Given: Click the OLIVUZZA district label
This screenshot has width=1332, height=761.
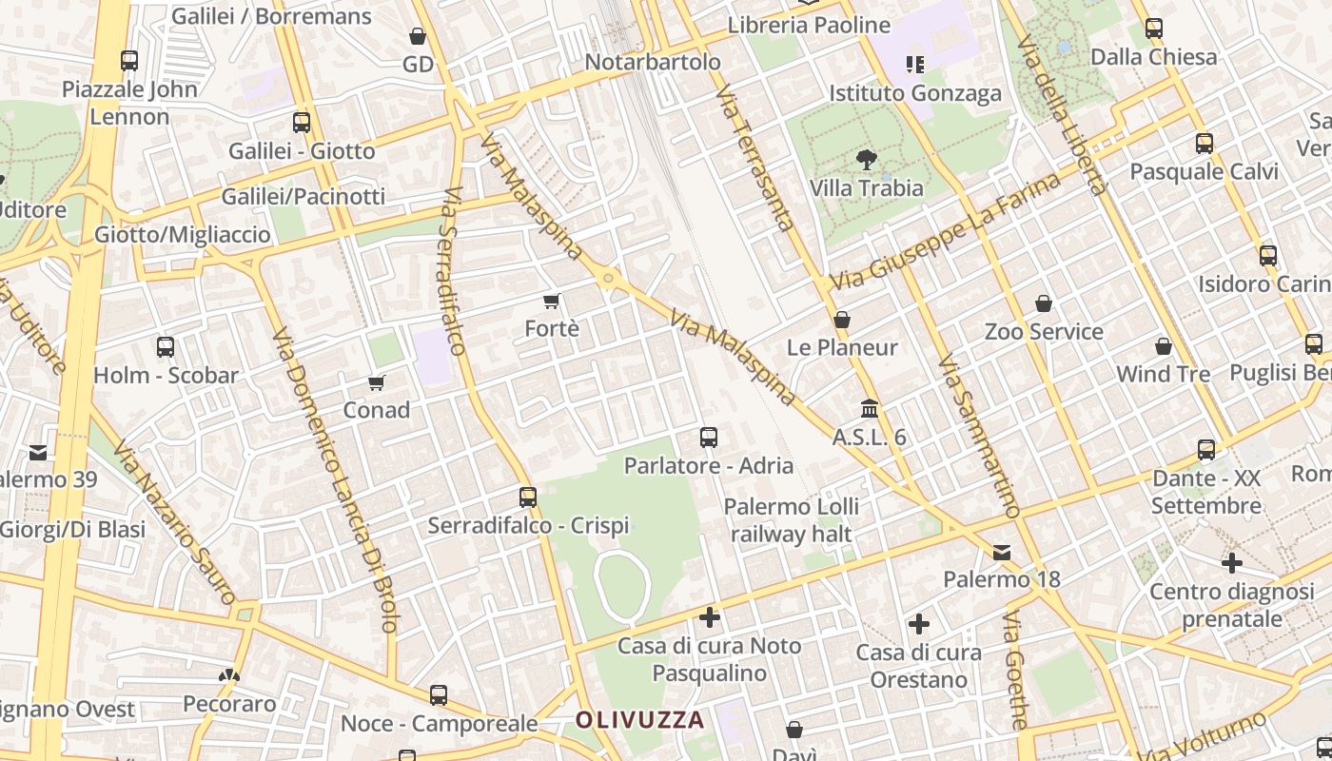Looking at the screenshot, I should pyautogui.click(x=639, y=720).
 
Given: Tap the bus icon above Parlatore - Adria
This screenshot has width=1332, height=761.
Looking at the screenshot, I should pyautogui.click(x=709, y=438).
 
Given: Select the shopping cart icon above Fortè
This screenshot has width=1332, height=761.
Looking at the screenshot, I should pyautogui.click(x=551, y=302).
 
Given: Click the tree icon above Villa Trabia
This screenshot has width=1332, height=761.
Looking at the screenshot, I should pyautogui.click(x=866, y=159).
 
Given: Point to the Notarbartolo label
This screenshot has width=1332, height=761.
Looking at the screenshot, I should pyautogui.click(x=653, y=62).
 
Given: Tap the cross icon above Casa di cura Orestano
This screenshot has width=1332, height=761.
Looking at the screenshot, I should pyautogui.click(x=918, y=624).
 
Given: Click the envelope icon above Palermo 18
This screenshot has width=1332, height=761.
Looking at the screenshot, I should pyautogui.click(x=1002, y=553).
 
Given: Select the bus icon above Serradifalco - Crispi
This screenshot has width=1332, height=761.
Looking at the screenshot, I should pyautogui.click(x=528, y=497).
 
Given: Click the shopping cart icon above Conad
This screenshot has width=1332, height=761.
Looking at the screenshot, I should pyautogui.click(x=377, y=382).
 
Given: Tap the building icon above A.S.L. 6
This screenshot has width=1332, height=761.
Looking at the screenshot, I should pyautogui.click(x=870, y=409).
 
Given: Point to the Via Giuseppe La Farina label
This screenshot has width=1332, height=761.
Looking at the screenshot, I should pyautogui.click(x=946, y=232).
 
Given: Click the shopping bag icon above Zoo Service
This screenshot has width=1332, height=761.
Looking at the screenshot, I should pyautogui.click(x=1044, y=303).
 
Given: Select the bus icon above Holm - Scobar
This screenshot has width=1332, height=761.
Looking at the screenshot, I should pyautogui.click(x=166, y=347).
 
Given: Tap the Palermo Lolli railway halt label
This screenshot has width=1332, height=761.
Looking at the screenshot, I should pyautogui.click(x=792, y=519).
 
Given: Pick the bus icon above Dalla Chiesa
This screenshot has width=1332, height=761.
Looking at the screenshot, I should pyautogui.click(x=1154, y=29).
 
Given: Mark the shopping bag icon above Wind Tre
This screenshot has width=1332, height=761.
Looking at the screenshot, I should pyautogui.click(x=1164, y=346).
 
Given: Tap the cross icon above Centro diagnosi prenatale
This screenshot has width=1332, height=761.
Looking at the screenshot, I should pyautogui.click(x=1232, y=563).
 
